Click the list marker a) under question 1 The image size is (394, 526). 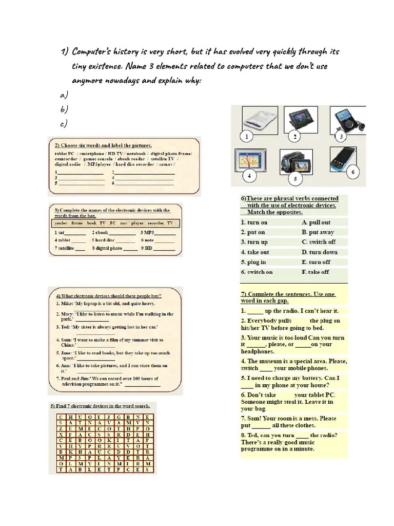coord(64,95)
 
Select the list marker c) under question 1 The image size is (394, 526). coord(64,123)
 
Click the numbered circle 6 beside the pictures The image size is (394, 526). coord(352,173)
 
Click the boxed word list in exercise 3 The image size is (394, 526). coord(114,223)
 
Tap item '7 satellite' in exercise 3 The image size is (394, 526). coord(70,248)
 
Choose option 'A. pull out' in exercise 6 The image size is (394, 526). coord(316,222)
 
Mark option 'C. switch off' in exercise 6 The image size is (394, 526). coord(319,242)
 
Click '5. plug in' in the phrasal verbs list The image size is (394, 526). coord(253,262)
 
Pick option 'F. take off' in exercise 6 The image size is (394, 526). coord(316,272)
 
